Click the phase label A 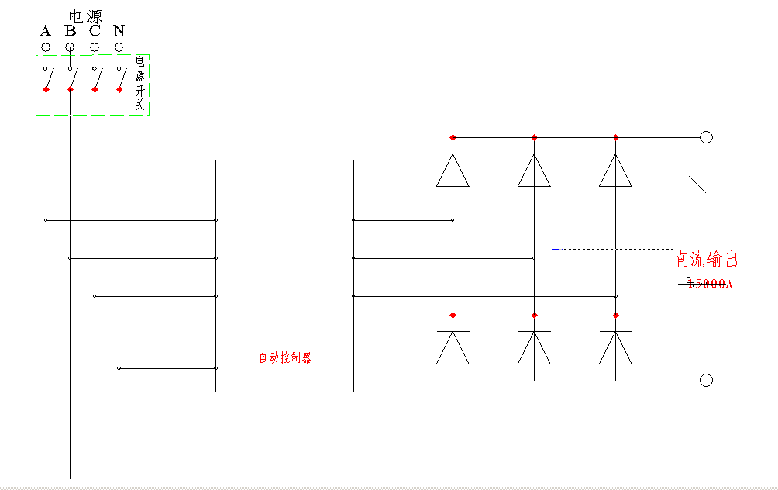tap(46, 31)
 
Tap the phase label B tap(71, 31)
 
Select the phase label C tap(95, 31)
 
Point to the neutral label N tap(119, 31)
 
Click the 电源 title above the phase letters tap(85, 16)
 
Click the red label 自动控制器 tap(284, 358)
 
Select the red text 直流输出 tap(706, 259)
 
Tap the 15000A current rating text tap(709, 284)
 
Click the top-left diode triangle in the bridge tap(453, 171)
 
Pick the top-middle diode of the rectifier tap(534, 171)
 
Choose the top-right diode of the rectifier tap(615, 171)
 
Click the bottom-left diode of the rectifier tap(453, 348)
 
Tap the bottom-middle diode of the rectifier tap(534, 348)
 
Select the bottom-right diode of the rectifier tap(615, 348)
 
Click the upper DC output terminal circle tap(706, 137)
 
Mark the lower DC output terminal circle tap(706, 380)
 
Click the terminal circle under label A tap(46, 47)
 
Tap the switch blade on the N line tap(122, 78)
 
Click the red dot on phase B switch tap(71, 90)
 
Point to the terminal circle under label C tap(95, 47)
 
